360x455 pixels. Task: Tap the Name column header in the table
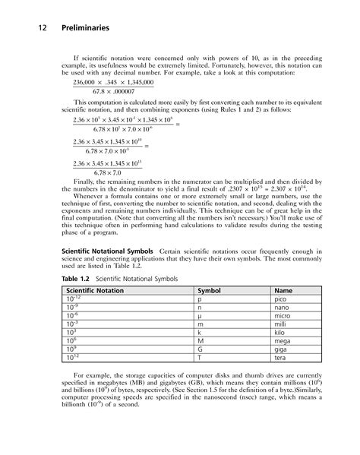click(283, 290)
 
